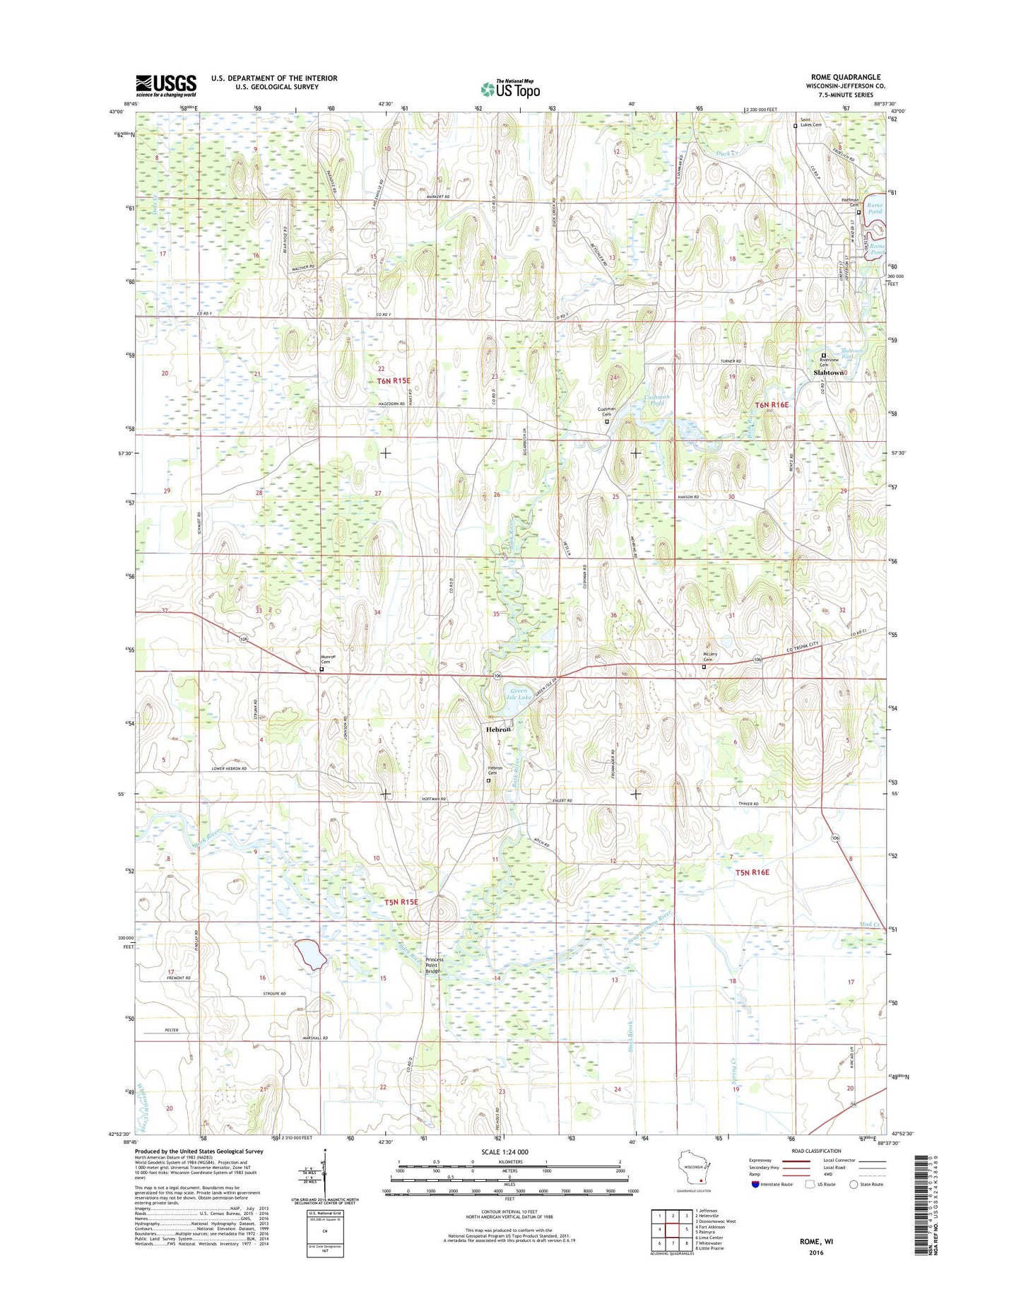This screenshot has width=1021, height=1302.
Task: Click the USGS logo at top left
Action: point(166,86)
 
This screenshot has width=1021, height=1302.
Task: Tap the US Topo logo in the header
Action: point(510,88)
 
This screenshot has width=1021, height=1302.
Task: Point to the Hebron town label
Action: point(497,729)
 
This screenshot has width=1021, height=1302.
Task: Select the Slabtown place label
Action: point(829,372)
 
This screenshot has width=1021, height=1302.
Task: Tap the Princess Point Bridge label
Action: point(434,966)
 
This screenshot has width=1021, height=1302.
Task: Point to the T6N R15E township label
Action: point(394,380)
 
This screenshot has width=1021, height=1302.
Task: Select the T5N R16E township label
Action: point(752,872)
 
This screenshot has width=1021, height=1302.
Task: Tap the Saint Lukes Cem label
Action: point(810,121)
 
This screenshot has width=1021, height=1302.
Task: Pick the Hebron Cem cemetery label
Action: point(495,770)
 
